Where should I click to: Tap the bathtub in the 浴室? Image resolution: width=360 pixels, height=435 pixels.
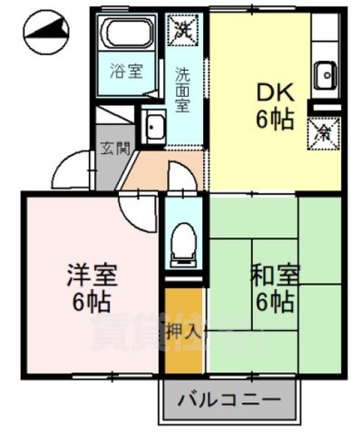pyautogui.click(x=123, y=34)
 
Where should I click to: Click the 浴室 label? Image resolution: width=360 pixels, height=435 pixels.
pyautogui.click(x=124, y=71)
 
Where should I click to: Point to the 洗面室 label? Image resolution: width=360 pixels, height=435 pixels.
pyautogui.click(x=181, y=88)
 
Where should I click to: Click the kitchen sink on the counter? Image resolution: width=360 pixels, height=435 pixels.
pyautogui.click(x=326, y=75)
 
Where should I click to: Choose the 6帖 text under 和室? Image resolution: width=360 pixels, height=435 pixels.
pyautogui.click(x=271, y=302)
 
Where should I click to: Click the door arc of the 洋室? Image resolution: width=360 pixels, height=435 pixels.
pyautogui.click(x=136, y=214)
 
